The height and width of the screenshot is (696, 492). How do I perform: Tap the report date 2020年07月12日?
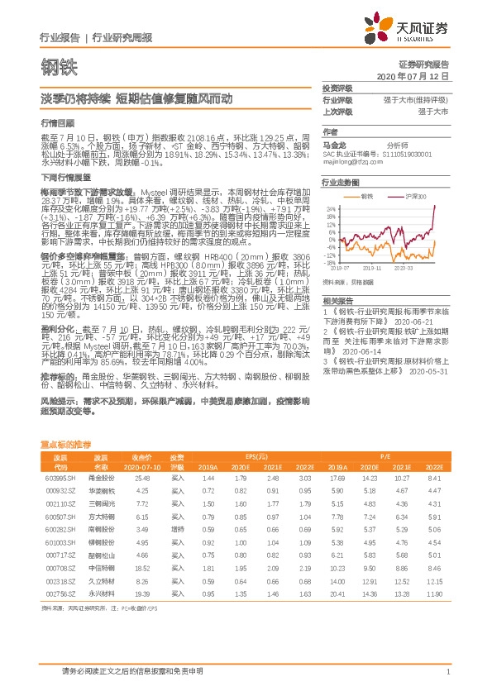click(x=418, y=75)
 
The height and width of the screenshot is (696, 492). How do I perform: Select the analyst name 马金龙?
click(x=332, y=143)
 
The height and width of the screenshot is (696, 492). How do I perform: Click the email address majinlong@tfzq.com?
click(x=350, y=164)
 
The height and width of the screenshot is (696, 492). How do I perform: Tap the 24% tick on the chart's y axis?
click(x=331, y=208)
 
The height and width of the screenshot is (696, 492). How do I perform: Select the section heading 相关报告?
click(x=337, y=300)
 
